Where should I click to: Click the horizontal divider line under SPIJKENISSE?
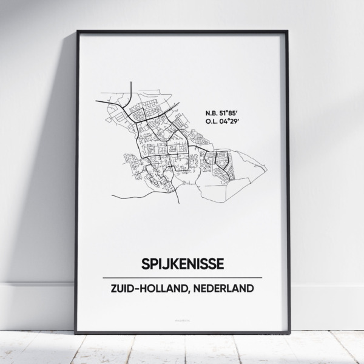tap(182, 278)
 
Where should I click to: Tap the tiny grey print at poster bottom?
tap(182, 315)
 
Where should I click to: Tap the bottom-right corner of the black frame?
tap(288, 333)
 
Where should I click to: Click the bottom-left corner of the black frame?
tap(76, 333)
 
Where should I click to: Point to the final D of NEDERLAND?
tap(249, 290)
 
